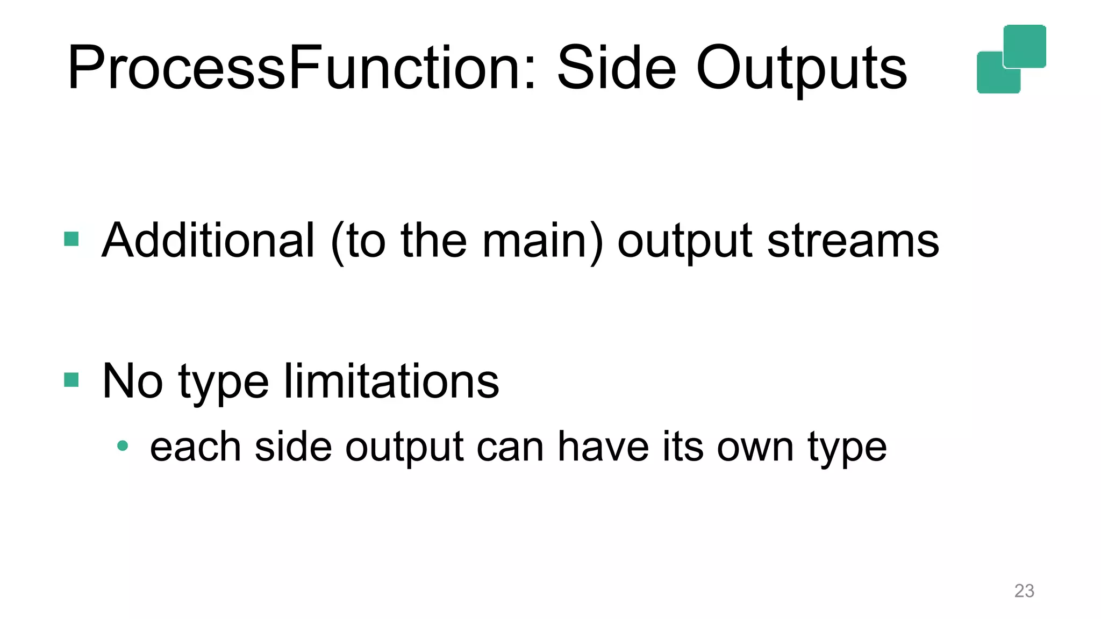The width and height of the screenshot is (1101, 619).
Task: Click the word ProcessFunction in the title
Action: pyautogui.click(x=301, y=69)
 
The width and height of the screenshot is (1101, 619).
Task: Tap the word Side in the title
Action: pyautogui.click(x=617, y=69)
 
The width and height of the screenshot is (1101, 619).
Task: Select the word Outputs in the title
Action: pyautogui.click(x=802, y=69)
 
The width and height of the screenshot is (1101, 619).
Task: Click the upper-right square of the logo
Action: pyautogui.click(x=1025, y=46)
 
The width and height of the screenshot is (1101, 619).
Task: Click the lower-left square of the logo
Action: pyautogui.click(x=992, y=78)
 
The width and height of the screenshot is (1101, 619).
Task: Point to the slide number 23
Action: pyautogui.click(x=1024, y=591)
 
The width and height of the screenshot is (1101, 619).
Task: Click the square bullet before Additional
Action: pyautogui.click(x=72, y=239)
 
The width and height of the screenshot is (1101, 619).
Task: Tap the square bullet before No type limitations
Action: pyautogui.click(x=72, y=380)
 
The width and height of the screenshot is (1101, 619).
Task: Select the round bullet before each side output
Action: pyautogui.click(x=123, y=445)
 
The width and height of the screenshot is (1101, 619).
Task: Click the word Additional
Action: pyautogui.click(x=208, y=240)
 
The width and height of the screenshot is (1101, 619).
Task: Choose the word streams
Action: pyautogui.click(x=853, y=241)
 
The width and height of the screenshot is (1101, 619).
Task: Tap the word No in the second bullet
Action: pyautogui.click(x=132, y=381)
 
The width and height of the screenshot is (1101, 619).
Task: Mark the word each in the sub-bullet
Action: pyautogui.click(x=195, y=447)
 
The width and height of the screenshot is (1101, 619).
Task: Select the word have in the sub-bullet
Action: pyautogui.click(x=603, y=447)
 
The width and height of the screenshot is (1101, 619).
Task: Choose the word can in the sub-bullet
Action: pyautogui.click(x=510, y=448)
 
